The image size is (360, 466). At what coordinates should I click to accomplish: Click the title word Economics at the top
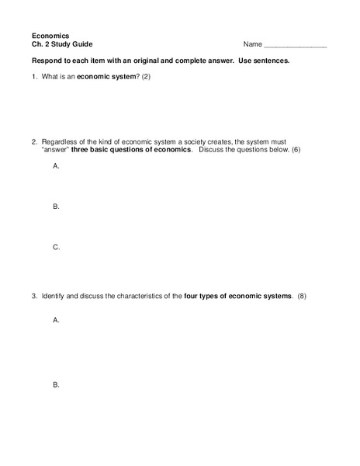tap(50, 36)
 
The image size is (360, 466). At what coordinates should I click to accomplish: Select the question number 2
tap(34, 142)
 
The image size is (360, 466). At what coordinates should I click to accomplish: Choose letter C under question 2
tap(56, 247)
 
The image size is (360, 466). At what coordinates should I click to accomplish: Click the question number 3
tap(34, 296)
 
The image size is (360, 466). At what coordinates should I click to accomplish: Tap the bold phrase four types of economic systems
tap(238, 296)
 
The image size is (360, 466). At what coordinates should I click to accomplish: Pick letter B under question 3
tap(56, 384)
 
